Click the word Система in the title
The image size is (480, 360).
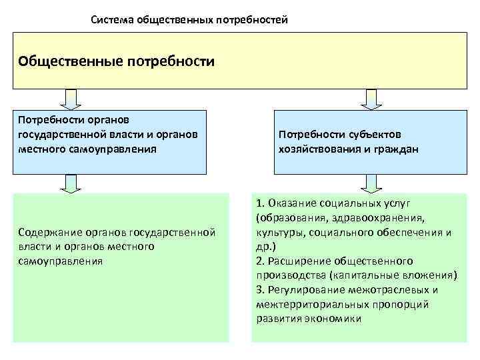(x=112, y=20)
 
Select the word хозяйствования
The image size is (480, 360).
(x=316, y=150)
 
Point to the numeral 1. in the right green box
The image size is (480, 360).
(x=259, y=203)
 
